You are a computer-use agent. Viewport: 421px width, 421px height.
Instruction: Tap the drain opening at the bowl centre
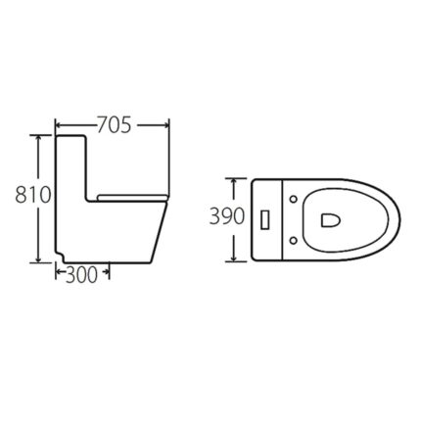pos(329,218)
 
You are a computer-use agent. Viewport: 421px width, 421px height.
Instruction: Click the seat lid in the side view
pos(131,197)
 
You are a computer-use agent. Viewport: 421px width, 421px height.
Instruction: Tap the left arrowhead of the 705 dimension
pos(58,124)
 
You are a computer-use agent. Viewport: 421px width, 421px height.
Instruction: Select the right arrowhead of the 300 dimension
pos(105,275)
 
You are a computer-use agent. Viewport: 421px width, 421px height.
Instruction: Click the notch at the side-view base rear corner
pos(62,257)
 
